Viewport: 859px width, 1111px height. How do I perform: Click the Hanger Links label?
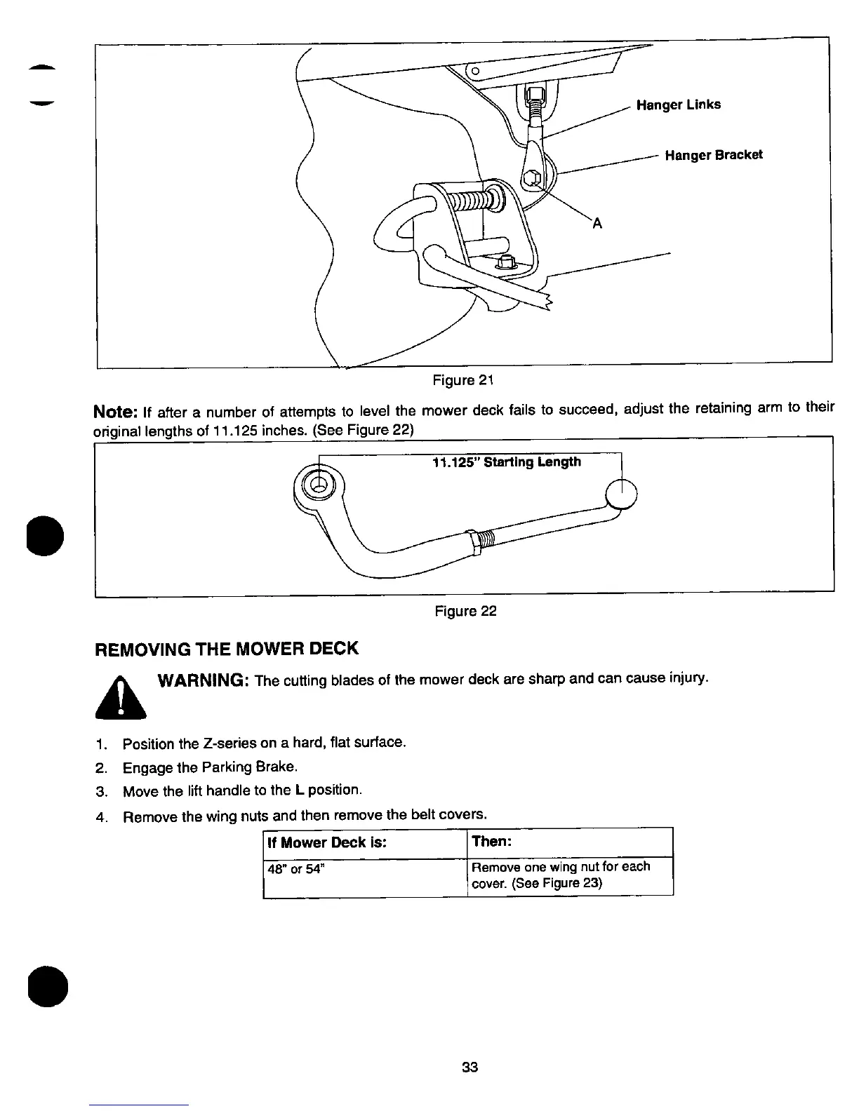tap(678, 105)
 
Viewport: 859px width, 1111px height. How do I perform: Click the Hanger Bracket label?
tap(713, 155)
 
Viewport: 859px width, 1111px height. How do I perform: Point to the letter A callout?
tap(597, 224)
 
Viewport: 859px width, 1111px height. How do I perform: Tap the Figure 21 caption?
tap(464, 381)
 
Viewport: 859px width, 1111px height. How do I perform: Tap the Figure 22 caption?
tap(465, 612)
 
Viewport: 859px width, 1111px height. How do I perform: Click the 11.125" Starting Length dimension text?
tap(507, 462)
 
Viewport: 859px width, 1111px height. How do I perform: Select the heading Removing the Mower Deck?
tap(226, 648)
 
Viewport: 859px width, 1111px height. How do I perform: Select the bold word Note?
tap(116, 410)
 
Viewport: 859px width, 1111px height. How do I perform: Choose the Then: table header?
tap(491, 841)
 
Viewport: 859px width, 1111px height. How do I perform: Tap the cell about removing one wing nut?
tap(561, 875)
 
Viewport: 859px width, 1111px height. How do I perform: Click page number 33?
tap(470, 1068)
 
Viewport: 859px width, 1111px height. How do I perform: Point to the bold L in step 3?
tap(299, 790)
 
